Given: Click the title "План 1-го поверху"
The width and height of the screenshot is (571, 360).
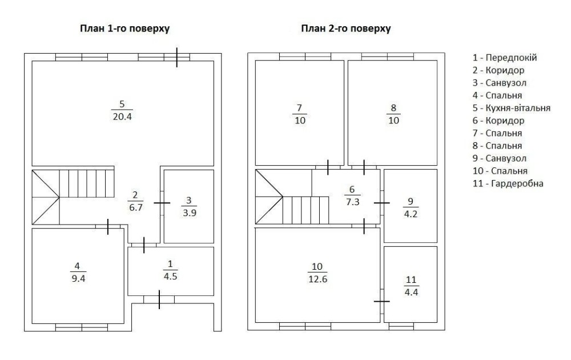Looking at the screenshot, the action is pos(124,29).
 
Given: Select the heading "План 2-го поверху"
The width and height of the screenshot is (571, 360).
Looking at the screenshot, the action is pos(346,29).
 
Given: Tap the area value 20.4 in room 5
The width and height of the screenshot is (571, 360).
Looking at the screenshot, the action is pos(122,117).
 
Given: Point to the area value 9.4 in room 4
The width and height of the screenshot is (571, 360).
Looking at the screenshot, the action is pos(78,278).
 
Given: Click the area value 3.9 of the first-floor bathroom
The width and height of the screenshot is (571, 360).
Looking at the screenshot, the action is pos(190,213).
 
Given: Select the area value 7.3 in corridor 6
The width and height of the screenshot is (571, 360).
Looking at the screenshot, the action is pos(352,202).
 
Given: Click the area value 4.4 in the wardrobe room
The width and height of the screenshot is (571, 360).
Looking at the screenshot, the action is pos(411,292).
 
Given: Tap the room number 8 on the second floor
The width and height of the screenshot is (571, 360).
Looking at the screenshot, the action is pos(393,108).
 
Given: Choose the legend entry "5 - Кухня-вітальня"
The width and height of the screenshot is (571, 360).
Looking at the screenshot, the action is pos(511,108).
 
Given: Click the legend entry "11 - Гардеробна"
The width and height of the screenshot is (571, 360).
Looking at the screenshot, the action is pos(508,183).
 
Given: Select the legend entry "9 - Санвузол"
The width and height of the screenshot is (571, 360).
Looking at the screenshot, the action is pos(499,158).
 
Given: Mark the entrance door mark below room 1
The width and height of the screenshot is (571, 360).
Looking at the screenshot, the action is pos(159,299).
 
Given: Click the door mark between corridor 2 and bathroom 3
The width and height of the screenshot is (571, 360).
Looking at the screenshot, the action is pos(162,203).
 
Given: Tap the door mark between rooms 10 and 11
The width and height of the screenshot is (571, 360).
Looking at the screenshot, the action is pos(381,301).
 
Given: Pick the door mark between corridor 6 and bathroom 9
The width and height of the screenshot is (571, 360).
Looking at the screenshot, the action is pos(381,203).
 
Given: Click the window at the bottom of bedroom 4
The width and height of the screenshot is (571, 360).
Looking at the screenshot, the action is pos(82,327).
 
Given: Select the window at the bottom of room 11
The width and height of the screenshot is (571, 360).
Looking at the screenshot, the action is pos(401,326).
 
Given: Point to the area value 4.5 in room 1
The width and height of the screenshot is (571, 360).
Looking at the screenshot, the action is pos(170,276).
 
